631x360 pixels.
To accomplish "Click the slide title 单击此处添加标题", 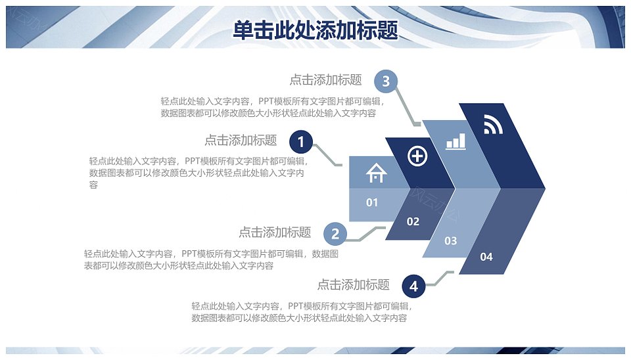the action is click(315, 30).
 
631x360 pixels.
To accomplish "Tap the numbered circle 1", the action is click(301, 142).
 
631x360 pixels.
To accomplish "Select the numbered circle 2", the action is click(335, 234).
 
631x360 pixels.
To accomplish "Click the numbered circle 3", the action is click(386, 81).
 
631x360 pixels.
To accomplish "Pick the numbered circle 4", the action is click(413, 286).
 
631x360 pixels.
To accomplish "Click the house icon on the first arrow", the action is click(376, 173).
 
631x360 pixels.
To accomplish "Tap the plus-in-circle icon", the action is click(417, 156).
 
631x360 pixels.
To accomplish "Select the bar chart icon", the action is click(456, 141).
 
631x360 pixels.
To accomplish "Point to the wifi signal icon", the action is click(493, 124).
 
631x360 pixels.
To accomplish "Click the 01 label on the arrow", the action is click(372, 202).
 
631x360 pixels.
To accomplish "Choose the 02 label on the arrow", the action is click(413, 221).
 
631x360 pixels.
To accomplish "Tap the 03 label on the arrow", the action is click(451, 240).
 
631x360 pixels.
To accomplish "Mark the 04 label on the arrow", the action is click(486, 257).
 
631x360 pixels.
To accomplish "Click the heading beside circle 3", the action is click(325, 79).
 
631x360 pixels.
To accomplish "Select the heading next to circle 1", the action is click(241, 140).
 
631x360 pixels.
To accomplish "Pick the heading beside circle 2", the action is click(275, 232).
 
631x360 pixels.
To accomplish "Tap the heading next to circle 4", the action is click(354, 285).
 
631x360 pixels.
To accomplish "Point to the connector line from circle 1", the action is click(327, 155).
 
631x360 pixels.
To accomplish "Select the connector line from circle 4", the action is click(440, 278).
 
